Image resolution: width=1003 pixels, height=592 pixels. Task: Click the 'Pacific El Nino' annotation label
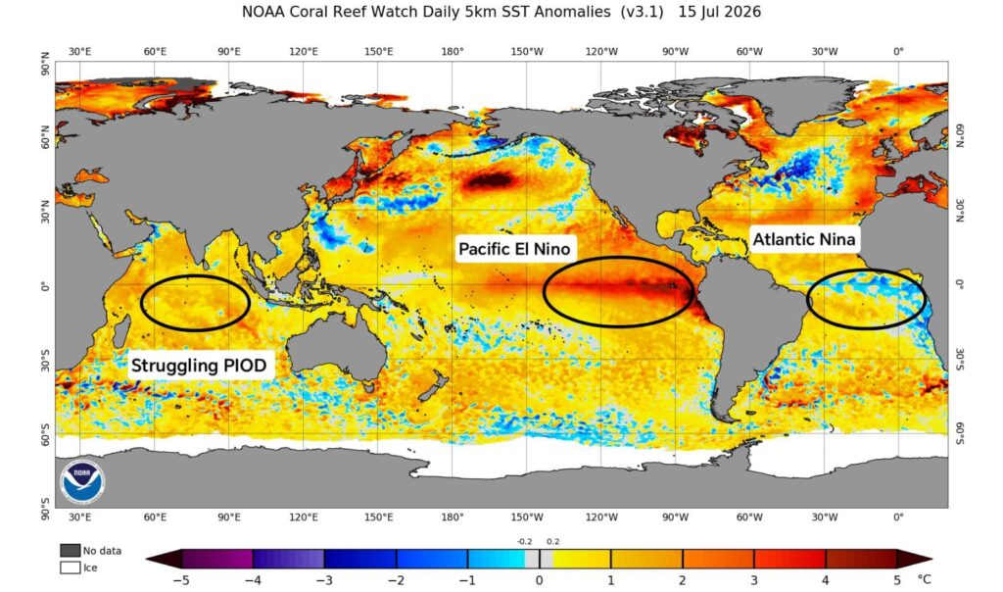coord(514,248)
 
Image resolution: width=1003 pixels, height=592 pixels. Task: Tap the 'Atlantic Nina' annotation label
coord(803,239)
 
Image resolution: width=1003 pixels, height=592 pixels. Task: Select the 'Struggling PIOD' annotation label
coord(199,366)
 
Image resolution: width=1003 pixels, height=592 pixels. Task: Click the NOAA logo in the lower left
coord(82,480)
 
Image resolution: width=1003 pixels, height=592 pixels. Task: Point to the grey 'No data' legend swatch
coord(70,551)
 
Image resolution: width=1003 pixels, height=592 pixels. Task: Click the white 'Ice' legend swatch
coord(70,567)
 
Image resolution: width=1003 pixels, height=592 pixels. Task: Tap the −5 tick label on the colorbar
coord(181,580)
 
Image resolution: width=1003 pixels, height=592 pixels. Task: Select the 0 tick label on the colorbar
coord(540,580)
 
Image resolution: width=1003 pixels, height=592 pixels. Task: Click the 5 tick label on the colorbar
coord(897,580)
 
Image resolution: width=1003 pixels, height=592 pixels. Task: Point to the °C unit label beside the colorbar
coord(924,579)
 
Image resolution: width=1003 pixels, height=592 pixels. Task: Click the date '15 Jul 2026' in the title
coord(720,12)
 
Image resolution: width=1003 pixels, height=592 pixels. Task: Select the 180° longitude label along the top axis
coord(453,51)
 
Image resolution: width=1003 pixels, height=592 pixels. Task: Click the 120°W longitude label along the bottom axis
coord(601,518)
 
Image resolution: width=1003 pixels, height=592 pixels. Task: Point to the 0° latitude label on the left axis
coord(45,286)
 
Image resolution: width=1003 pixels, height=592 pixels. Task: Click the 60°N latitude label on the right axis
coord(960,135)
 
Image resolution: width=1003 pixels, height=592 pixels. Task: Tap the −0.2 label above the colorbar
coord(525,541)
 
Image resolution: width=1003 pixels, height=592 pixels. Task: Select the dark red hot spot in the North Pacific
coord(491,181)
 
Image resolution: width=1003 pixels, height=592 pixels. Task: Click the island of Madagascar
coord(119,332)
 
